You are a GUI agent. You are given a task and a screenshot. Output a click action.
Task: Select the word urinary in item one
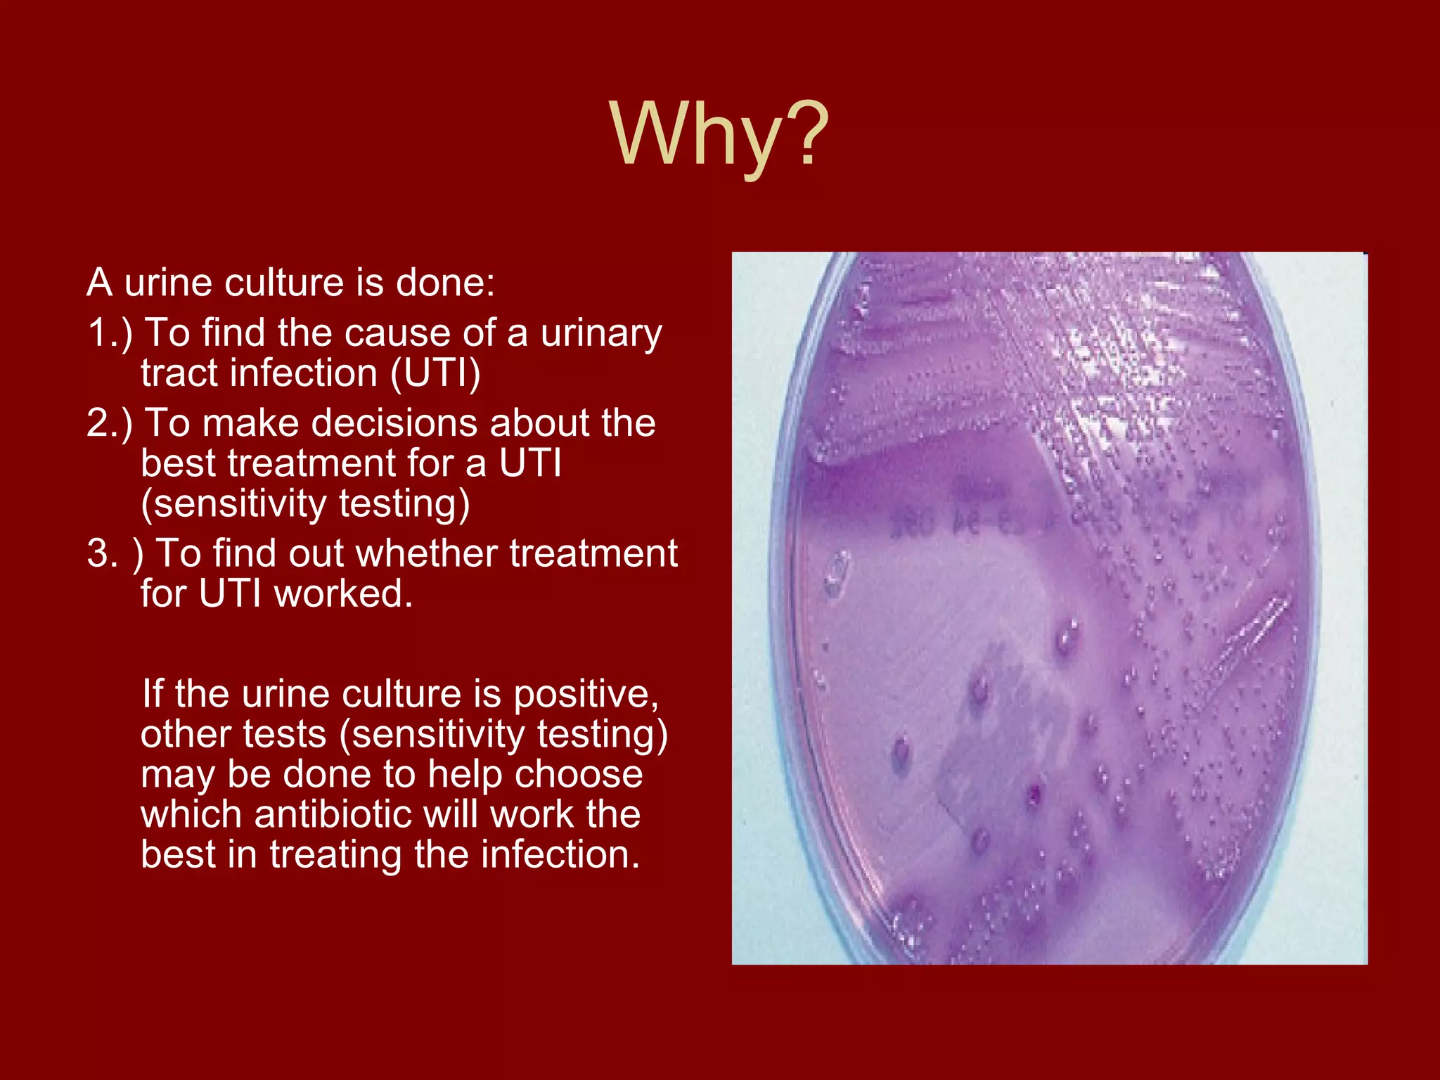point(601,334)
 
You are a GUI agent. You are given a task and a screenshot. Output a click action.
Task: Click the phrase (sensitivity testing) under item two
point(305,504)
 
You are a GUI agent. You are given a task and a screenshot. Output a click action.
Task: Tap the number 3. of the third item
point(103,553)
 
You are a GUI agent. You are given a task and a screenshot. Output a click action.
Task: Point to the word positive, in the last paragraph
point(586,695)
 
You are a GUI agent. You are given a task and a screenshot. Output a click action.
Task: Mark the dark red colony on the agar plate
point(1034,795)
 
